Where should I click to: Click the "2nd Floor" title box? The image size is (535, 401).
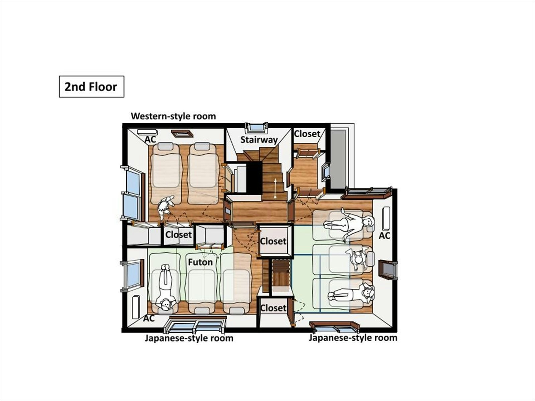click(91, 87)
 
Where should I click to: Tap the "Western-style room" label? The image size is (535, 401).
click(173, 116)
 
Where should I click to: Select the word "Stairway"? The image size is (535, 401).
click(259, 140)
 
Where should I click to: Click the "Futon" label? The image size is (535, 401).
click(200, 262)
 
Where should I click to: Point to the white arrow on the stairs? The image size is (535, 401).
click(275, 188)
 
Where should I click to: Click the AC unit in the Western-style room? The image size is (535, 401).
click(147, 132)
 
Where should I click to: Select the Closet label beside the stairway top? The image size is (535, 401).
click(307, 134)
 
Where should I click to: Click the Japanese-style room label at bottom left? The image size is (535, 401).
click(189, 338)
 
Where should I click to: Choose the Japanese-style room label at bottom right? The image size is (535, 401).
click(353, 338)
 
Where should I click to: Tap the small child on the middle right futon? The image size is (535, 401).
click(357, 259)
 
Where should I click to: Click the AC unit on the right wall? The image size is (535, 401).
click(386, 218)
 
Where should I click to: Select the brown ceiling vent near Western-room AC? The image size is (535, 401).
click(182, 133)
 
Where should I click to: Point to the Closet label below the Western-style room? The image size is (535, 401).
click(179, 235)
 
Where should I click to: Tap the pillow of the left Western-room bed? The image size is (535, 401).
click(166, 147)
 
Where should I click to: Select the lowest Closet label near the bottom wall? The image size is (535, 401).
click(273, 308)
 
